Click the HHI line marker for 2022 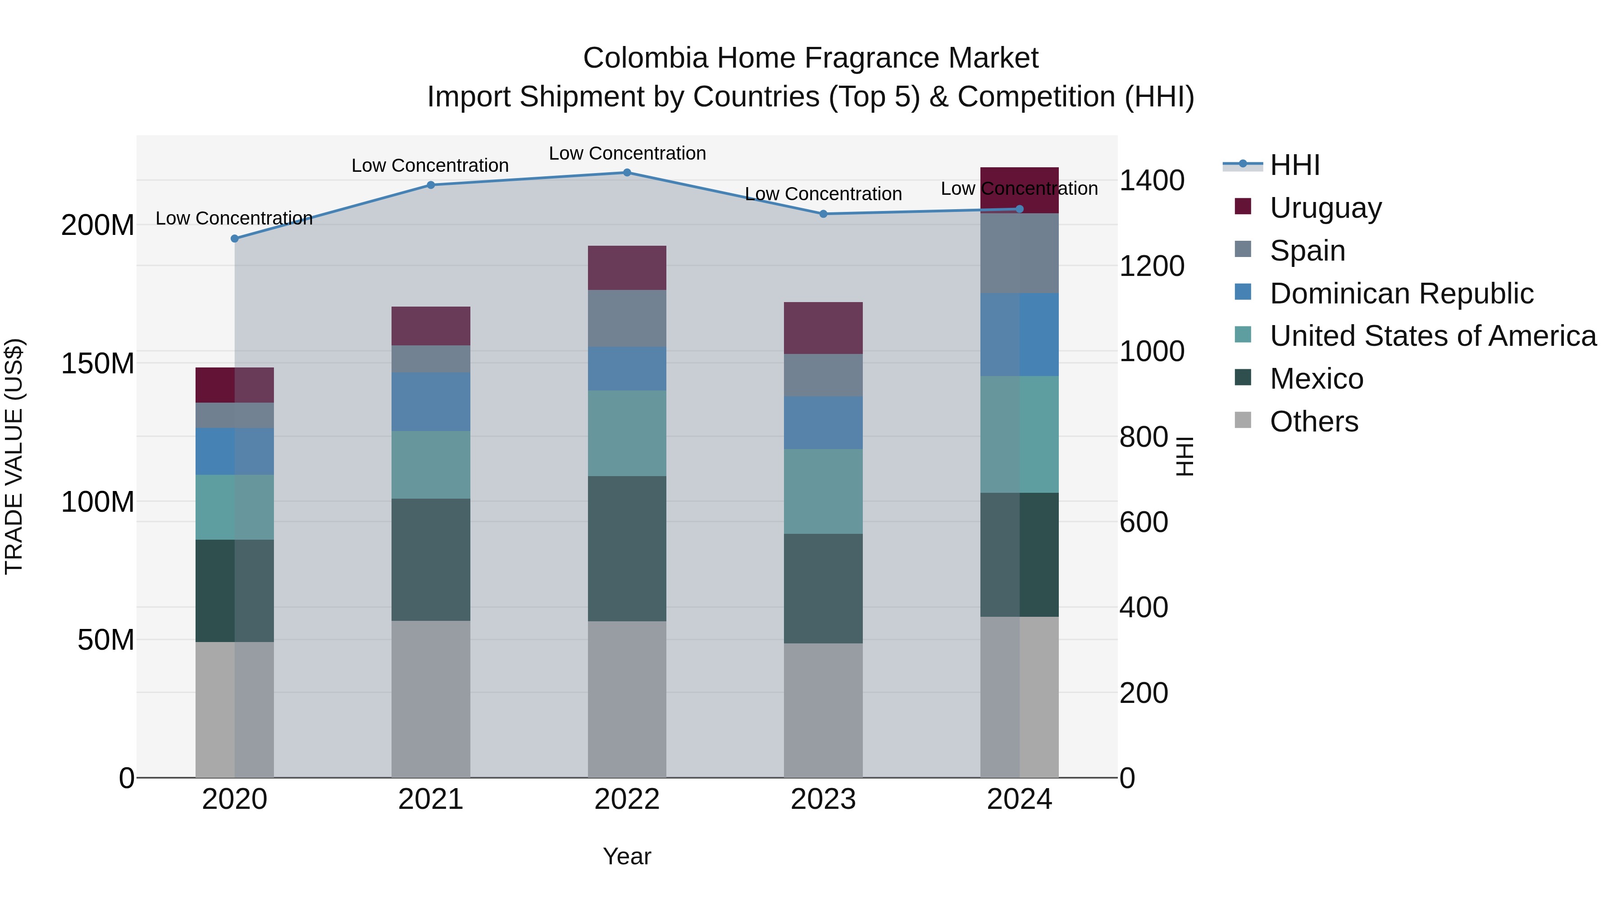point(627,173)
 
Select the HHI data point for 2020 point(235,239)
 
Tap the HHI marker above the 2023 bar point(823,214)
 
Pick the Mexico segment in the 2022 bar point(627,548)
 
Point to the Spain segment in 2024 point(1020,253)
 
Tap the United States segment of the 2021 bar point(431,464)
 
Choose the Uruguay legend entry point(1326,208)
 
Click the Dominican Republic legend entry point(1401,294)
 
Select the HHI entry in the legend point(1294,165)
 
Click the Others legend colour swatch point(1243,420)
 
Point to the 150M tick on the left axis point(98,363)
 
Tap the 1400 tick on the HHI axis point(1152,181)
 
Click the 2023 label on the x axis point(823,799)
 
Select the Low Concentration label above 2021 point(430,166)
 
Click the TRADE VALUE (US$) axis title point(14,456)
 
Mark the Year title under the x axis point(627,856)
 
